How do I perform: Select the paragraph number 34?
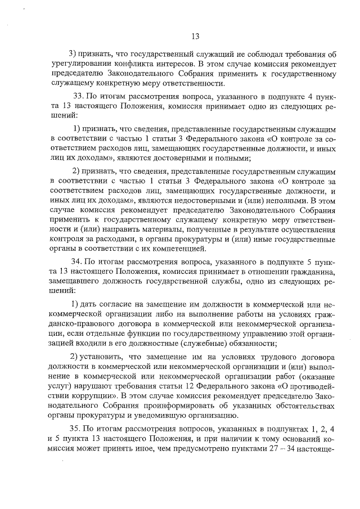point(76,262)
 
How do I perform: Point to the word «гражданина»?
point(313,272)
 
